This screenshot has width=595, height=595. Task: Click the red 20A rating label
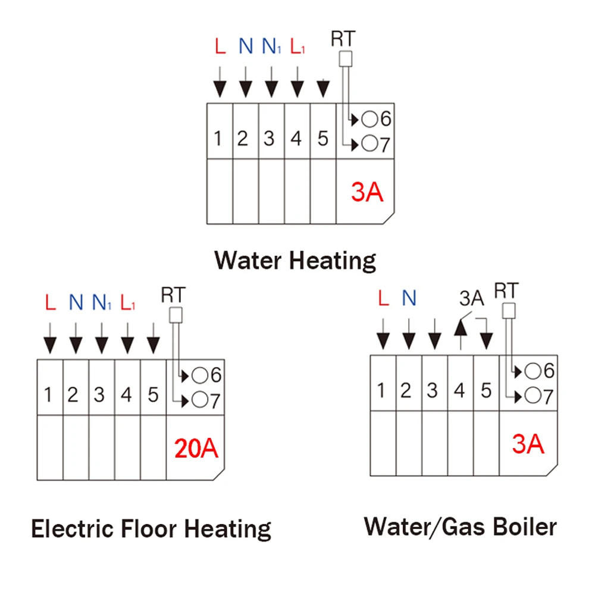(196, 448)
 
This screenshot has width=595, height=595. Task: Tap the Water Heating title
(295, 260)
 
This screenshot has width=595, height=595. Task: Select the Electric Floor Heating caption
(151, 528)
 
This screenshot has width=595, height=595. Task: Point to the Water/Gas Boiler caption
(461, 526)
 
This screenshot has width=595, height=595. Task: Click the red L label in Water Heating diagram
(220, 46)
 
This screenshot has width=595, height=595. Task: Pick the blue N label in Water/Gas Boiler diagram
(408, 298)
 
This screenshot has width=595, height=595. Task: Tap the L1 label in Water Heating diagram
(297, 46)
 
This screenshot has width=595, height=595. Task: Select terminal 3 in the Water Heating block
(270, 139)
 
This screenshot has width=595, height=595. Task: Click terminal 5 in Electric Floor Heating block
(153, 394)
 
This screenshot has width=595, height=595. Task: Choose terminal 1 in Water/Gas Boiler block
(381, 390)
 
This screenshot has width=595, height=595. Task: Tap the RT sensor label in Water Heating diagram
(343, 39)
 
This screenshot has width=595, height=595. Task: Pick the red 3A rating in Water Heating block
(367, 193)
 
